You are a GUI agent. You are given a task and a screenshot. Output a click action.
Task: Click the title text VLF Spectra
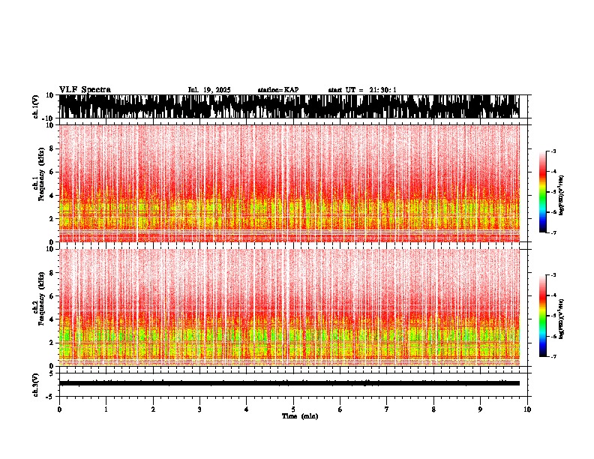click(x=85, y=89)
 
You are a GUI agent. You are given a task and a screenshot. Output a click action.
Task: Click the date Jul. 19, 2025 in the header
click(x=209, y=90)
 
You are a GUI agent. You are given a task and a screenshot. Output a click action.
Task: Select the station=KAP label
click(x=277, y=90)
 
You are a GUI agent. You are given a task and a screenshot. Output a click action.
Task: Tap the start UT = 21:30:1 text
click(x=362, y=90)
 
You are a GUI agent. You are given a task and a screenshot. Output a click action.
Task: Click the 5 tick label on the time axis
click(x=293, y=409)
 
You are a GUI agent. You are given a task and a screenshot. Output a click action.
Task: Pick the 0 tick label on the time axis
click(x=59, y=409)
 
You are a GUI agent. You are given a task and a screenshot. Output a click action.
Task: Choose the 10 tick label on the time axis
click(x=527, y=409)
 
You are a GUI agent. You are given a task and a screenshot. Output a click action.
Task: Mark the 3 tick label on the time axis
click(x=199, y=409)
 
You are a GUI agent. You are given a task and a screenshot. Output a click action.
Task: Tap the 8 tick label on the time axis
click(x=433, y=409)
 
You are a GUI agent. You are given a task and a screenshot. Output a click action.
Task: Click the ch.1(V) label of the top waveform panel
click(x=36, y=106)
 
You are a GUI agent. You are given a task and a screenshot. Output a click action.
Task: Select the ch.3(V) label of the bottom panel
click(x=36, y=382)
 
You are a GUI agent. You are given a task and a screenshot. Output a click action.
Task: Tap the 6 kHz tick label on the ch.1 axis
click(x=51, y=172)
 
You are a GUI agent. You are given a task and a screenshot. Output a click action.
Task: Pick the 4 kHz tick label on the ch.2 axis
click(x=51, y=319)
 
